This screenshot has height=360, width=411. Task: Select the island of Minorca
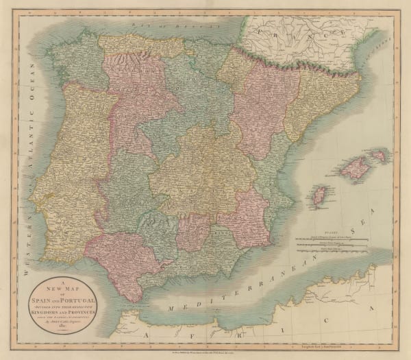[379, 156]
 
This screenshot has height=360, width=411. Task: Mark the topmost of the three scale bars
[329, 236]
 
